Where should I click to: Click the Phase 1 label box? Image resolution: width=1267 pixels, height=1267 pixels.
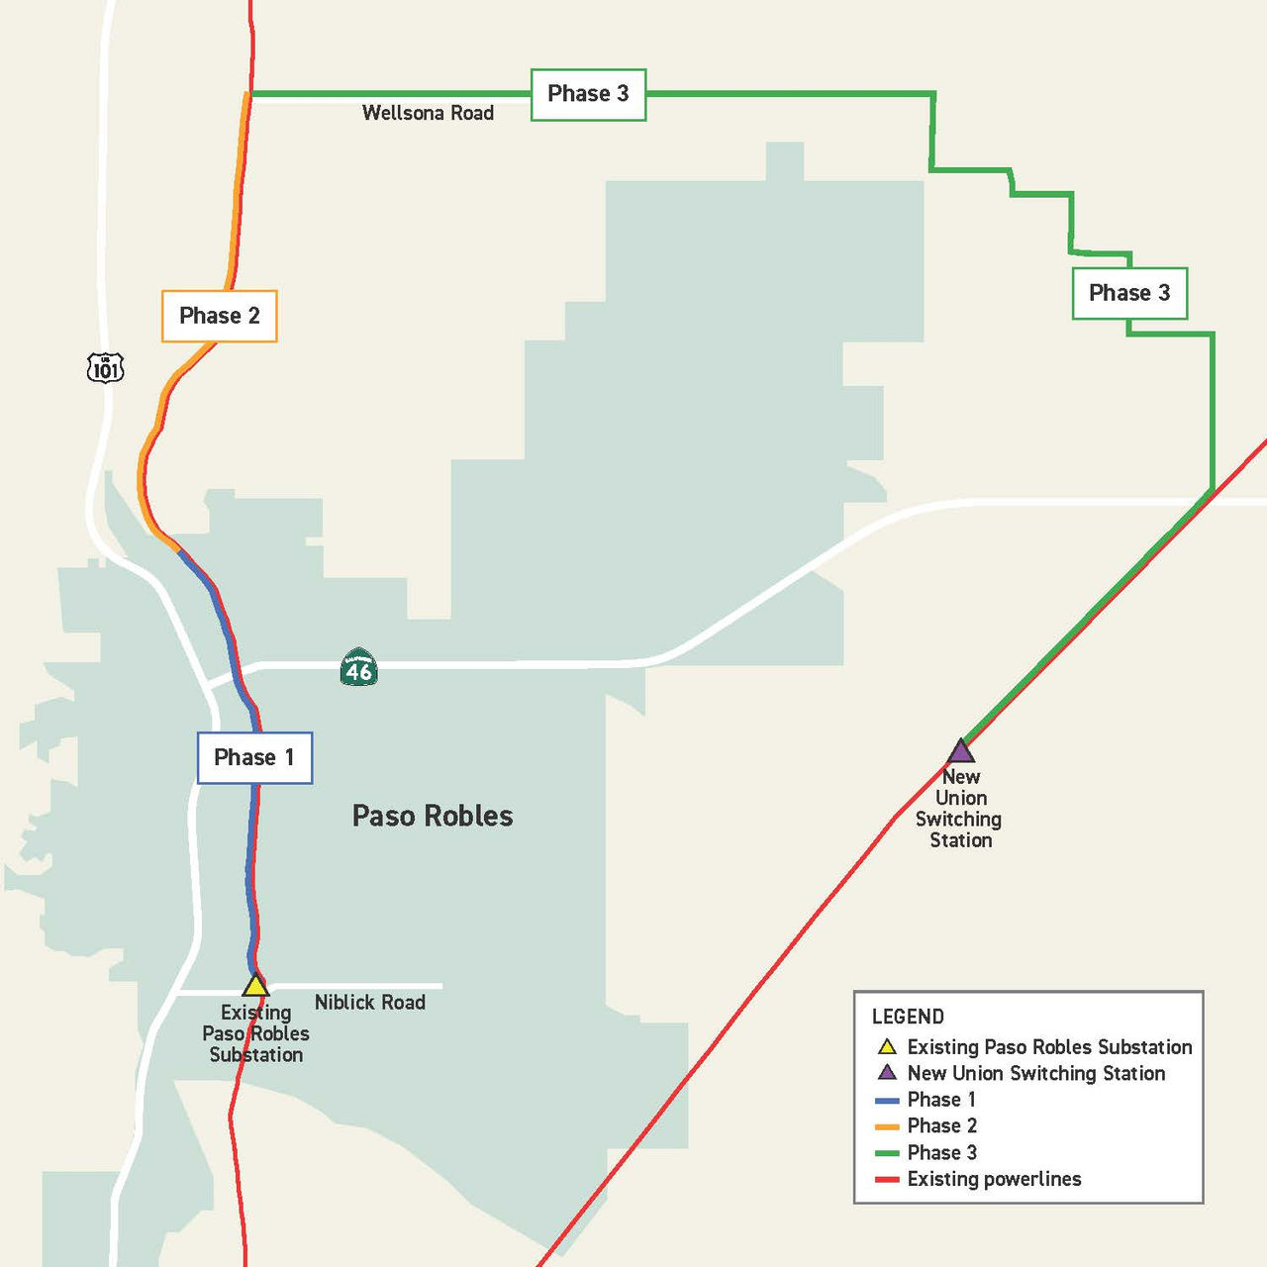(254, 758)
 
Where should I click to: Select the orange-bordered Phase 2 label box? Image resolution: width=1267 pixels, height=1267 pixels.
(219, 316)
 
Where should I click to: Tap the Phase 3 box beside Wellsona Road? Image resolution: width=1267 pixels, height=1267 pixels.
(588, 94)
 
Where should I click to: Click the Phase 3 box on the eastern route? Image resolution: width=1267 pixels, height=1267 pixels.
(1128, 293)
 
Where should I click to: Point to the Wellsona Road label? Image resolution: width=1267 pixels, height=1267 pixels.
(428, 113)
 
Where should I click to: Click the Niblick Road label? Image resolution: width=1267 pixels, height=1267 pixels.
(369, 1002)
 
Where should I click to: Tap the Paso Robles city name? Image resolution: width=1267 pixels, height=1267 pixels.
(433, 816)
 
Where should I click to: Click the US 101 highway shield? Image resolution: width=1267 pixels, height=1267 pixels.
(105, 368)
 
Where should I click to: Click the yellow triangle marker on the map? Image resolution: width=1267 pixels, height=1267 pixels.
(255, 986)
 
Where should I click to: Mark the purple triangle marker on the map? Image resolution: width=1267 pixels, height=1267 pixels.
(960, 751)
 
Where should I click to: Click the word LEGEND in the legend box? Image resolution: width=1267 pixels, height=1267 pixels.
(908, 1017)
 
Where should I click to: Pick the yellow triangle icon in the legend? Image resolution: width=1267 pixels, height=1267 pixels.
(887, 1046)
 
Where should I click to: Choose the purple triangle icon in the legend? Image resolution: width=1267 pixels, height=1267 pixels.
(887, 1072)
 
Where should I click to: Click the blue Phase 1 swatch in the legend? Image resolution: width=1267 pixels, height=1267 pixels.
(887, 1100)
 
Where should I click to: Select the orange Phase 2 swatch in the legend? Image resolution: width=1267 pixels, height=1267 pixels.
(887, 1126)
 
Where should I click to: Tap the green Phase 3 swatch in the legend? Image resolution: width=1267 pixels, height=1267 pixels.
(887, 1153)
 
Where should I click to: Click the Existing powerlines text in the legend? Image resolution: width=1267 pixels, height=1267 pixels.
(994, 1179)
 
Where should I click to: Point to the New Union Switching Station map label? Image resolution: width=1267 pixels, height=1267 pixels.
(959, 809)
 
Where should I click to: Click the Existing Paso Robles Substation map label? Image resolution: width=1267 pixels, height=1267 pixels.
(255, 1034)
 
